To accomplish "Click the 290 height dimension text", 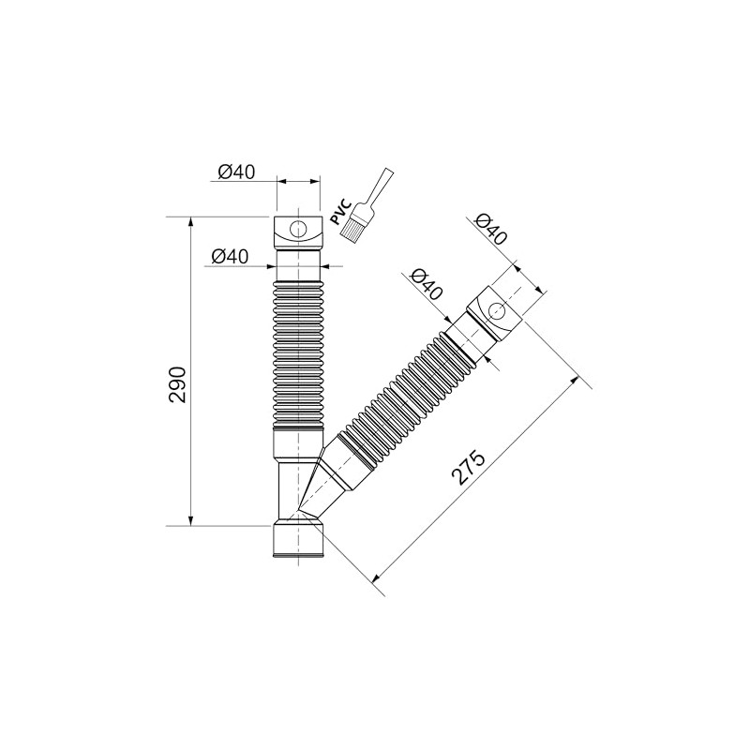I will [178, 383].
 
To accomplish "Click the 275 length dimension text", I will [468, 467].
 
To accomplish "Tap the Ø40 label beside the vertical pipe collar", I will [230, 256].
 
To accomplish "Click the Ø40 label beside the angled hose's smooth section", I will [427, 283].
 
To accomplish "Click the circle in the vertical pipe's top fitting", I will [299, 229].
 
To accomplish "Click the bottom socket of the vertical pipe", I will [299, 542].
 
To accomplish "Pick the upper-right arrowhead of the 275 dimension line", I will [577, 380].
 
